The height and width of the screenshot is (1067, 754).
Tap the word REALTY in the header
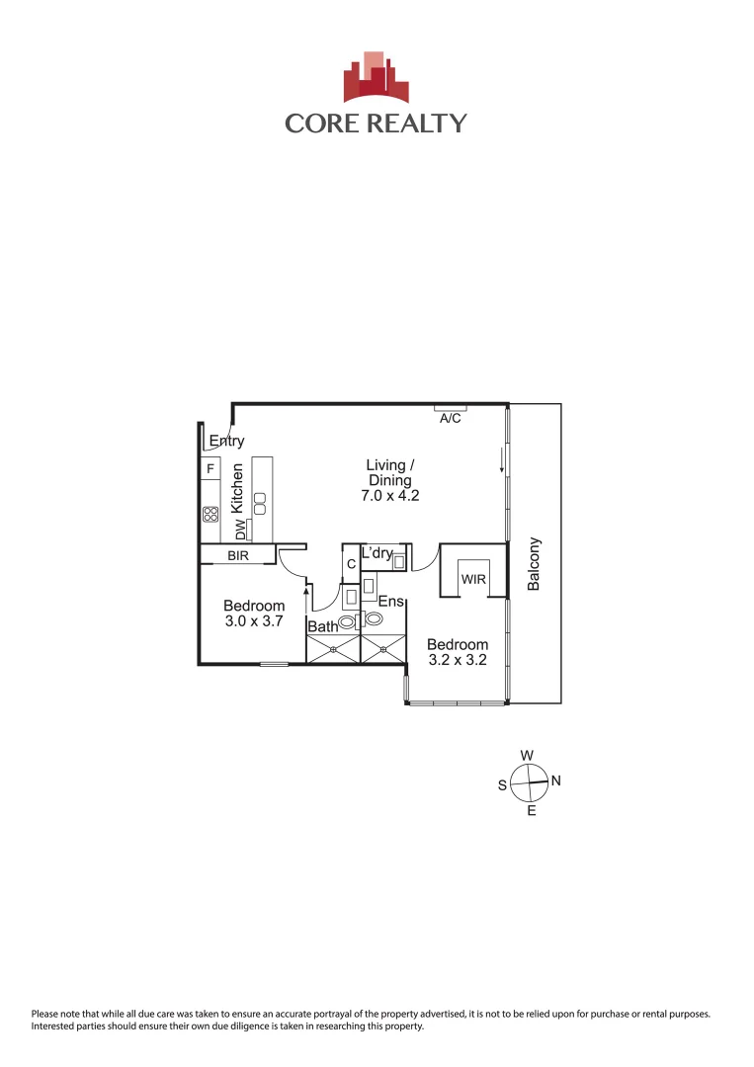coord(419,123)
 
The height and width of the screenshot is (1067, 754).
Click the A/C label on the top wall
coord(450,419)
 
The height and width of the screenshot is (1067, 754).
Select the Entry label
coord(226,442)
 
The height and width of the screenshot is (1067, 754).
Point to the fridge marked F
coord(210,467)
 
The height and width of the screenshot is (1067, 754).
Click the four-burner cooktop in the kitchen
coord(210,514)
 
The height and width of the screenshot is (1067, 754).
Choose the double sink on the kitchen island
coord(260,502)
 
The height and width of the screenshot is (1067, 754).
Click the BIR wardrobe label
coord(238,556)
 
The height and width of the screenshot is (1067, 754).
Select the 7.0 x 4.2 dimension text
coord(390,496)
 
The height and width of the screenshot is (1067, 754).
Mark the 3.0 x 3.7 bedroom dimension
coord(254,621)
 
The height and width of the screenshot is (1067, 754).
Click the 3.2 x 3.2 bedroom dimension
coord(458,660)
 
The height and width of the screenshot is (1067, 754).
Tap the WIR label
coord(473,579)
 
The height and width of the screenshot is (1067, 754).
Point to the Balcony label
coord(535,563)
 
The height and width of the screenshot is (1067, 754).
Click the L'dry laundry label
coord(377,553)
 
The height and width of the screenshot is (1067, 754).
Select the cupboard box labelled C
coord(351,563)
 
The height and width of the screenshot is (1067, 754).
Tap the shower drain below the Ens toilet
coord(384,649)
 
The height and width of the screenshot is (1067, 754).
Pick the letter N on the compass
coord(555,780)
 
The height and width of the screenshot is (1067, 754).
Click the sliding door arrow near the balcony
coord(502,459)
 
